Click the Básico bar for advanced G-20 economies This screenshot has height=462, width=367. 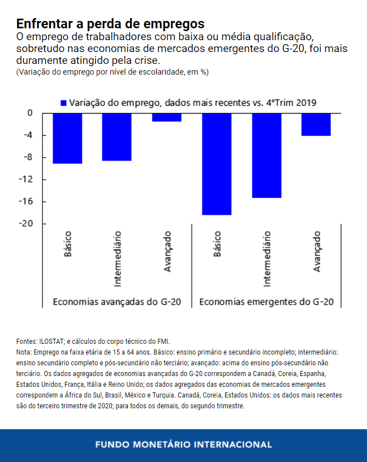67,138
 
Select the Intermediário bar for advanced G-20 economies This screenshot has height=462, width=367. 117,137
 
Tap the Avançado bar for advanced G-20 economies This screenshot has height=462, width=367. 167,117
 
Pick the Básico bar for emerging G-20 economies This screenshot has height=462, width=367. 217,164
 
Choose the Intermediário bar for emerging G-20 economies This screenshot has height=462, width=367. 266,155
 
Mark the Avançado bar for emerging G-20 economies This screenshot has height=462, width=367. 316,124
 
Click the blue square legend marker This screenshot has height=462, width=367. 63,102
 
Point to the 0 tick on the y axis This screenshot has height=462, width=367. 29,113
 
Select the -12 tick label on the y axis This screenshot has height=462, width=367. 25,179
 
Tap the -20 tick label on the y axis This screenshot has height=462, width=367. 25,223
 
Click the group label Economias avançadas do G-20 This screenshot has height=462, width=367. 117,301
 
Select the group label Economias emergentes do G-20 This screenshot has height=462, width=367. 266,301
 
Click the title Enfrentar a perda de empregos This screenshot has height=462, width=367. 110,24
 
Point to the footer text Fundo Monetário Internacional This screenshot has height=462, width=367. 183,444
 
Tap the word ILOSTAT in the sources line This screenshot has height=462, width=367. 51,342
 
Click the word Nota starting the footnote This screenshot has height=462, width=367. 23,352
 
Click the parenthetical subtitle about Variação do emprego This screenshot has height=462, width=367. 113,72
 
